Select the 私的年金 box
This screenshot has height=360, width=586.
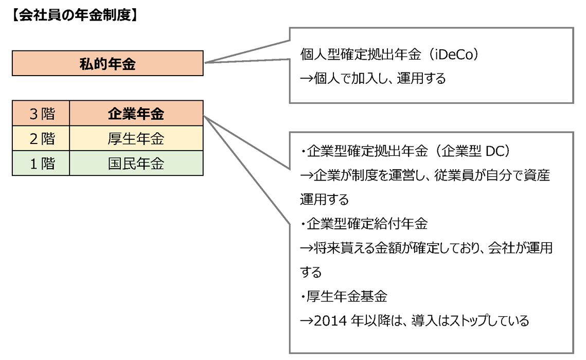(108, 63)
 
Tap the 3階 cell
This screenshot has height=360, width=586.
(41, 113)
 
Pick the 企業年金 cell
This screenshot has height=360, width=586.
(136, 113)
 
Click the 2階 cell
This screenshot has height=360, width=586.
(41, 138)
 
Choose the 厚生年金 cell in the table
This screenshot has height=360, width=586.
(136, 138)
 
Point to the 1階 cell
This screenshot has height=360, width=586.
(41, 164)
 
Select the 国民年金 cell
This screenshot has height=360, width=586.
(136, 164)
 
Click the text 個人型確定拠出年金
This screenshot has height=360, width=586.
(361, 55)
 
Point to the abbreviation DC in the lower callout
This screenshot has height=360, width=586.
(494, 151)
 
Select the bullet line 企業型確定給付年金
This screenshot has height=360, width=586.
(364, 224)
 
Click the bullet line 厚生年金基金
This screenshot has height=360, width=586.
(344, 296)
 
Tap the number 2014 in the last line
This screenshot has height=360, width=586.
(331, 321)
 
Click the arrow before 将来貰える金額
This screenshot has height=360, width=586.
(307, 248)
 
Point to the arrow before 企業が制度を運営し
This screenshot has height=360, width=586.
(307, 175)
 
